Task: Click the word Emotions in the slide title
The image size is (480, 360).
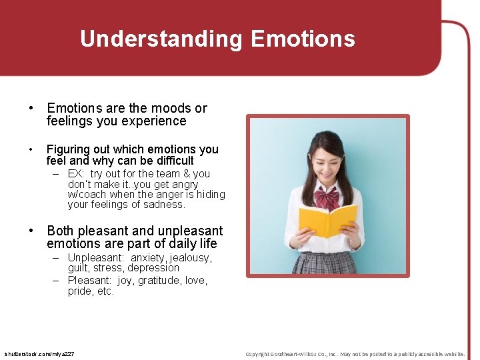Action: click(303, 39)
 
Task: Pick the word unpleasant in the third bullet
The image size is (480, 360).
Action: click(190, 231)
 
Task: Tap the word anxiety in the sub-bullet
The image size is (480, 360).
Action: click(148, 258)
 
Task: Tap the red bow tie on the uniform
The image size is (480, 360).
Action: click(327, 198)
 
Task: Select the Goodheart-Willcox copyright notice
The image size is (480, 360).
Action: click(355, 353)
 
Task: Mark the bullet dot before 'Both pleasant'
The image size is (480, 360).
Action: click(31, 231)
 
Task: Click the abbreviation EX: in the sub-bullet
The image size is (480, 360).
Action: click(76, 174)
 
